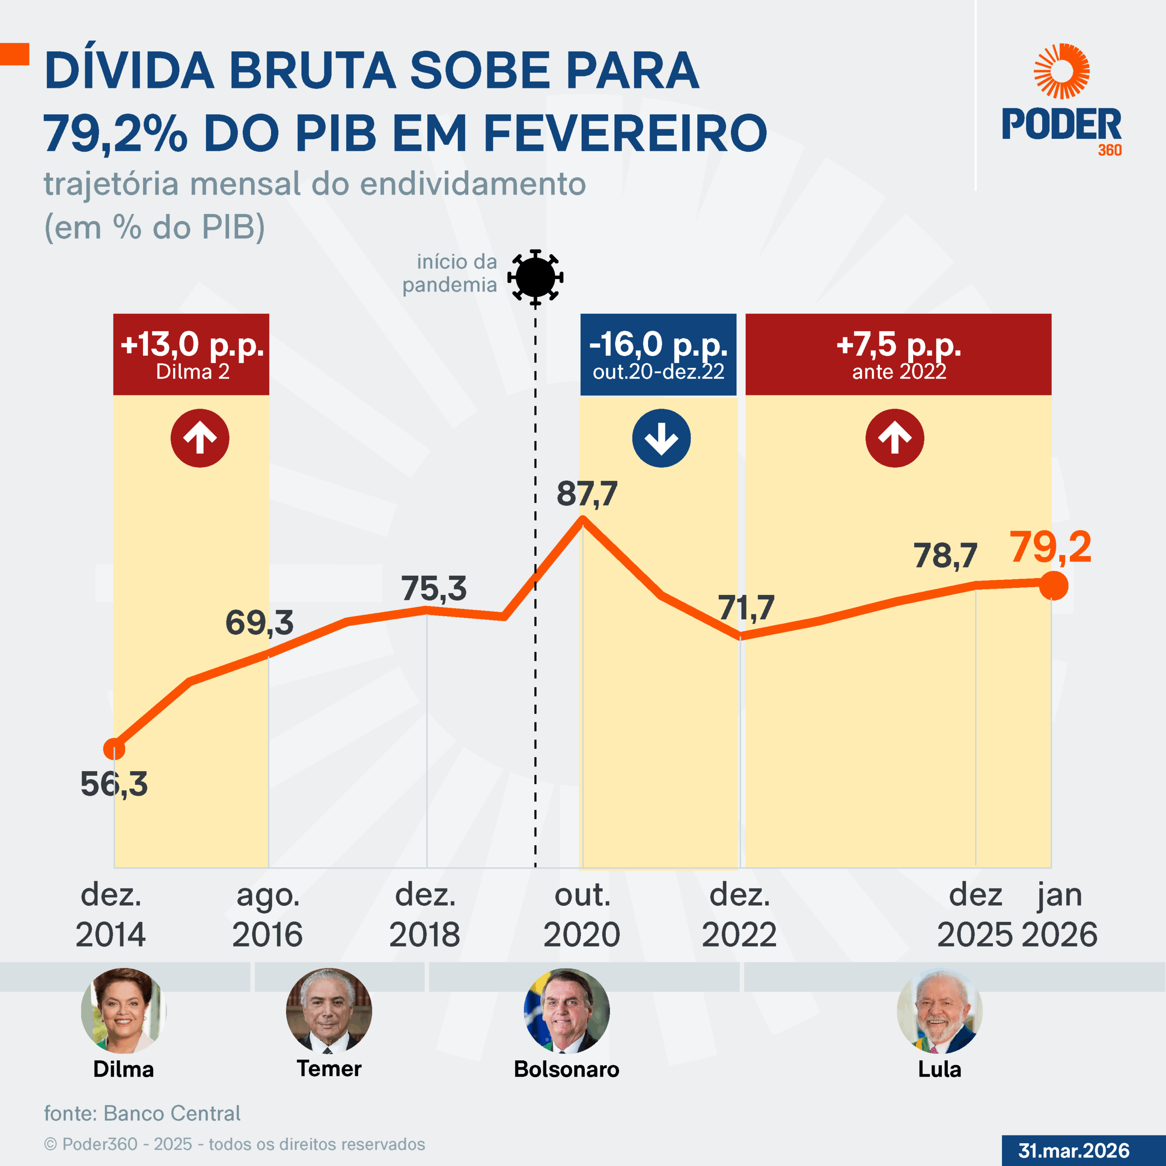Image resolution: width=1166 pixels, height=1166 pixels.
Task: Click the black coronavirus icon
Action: pyautogui.click(x=535, y=277)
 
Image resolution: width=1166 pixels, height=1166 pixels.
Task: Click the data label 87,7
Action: pyautogui.click(x=587, y=494)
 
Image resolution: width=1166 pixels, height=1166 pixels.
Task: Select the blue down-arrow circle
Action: pyautogui.click(x=661, y=438)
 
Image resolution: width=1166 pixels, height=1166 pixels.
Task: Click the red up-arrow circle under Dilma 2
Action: pyautogui.click(x=200, y=438)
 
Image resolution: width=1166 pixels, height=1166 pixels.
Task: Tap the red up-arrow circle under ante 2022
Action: pyautogui.click(x=895, y=438)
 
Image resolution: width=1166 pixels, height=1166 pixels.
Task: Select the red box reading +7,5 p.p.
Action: pyautogui.click(x=898, y=354)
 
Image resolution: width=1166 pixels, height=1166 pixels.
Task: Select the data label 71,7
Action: pyautogui.click(x=746, y=607)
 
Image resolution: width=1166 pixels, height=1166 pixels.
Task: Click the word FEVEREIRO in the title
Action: pyautogui.click(x=624, y=133)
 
